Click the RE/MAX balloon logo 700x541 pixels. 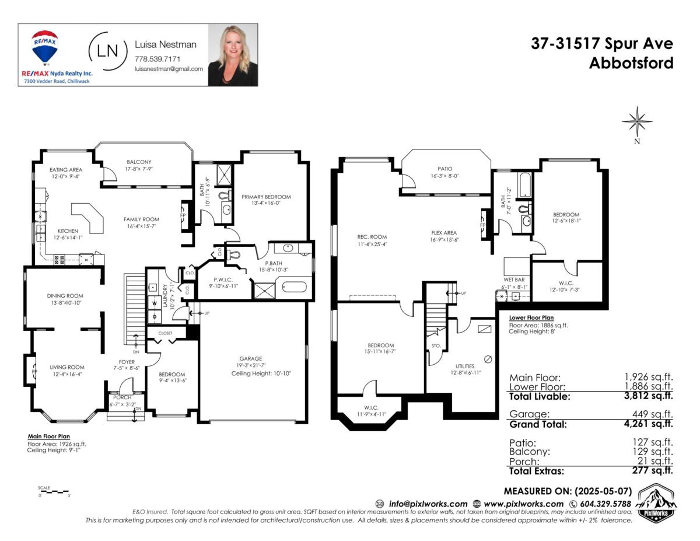(45, 47)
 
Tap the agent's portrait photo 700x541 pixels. (233, 55)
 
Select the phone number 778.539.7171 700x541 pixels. (157, 59)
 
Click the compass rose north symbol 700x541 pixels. (636, 121)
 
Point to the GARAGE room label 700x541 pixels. (250, 358)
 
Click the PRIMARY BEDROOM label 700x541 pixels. (266, 197)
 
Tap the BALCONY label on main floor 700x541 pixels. (139, 162)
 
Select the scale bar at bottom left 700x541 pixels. (54, 492)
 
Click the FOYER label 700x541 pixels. (124, 361)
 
